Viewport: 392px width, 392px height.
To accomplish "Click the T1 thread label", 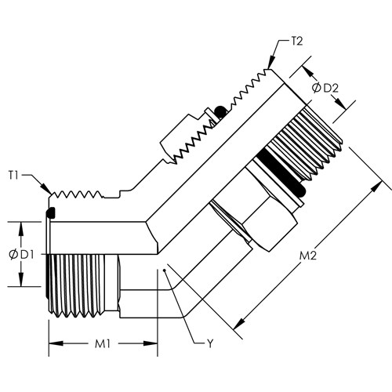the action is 13,175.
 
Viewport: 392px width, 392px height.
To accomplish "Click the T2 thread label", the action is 297,42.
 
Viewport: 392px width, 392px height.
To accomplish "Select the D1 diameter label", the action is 27,255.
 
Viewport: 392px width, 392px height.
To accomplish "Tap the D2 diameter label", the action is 331,89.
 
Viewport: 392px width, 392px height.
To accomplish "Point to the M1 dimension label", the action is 103,344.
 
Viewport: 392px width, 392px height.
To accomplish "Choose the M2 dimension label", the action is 308,256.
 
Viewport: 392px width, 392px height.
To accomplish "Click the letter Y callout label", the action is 210,344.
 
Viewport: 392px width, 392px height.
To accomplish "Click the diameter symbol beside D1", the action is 13,255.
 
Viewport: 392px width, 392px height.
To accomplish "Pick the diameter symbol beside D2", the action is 317,88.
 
